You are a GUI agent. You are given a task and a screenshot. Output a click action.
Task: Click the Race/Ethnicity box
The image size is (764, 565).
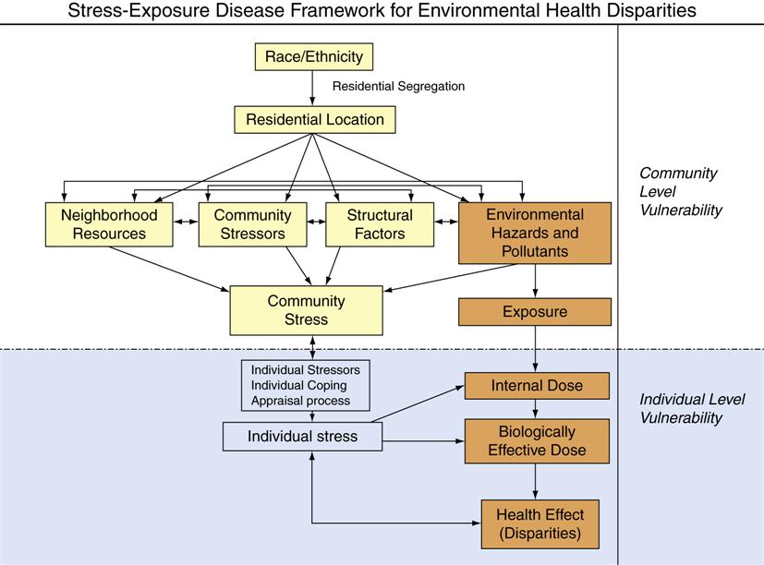pyautogui.click(x=314, y=57)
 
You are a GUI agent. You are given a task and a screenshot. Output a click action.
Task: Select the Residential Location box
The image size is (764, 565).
pyautogui.click(x=314, y=120)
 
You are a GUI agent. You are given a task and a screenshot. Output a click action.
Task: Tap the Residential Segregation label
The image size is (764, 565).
pyautogui.click(x=398, y=87)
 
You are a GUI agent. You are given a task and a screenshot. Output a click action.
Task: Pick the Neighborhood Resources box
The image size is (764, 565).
pyautogui.click(x=109, y=224)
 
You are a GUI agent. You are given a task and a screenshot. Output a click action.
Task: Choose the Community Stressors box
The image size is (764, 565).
pyautogui.click(x=252, y=224)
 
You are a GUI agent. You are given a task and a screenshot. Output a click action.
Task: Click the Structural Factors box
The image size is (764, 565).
pyautogui.click(x=380, y=224)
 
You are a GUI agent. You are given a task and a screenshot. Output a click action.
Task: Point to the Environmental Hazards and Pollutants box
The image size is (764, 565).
pyautogui.click(x=535, y=233)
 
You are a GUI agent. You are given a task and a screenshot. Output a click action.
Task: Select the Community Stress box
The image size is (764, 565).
pyautogui.click(x=306, y=310)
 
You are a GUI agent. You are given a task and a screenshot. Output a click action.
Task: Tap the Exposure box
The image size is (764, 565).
pyautogui.click(x=535, y=312)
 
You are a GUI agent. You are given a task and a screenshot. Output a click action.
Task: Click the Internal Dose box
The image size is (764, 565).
pyautogui.click(x=537, y=385)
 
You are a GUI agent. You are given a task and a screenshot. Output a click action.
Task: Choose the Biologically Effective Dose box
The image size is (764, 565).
pyautogui.click(x=537, y=441)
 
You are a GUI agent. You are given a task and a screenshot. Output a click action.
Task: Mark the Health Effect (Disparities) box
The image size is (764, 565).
pyautogui.click(x=540, y=523)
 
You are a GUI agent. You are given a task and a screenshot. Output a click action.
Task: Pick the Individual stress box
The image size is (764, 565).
pyautogui.click(x=302, y=437)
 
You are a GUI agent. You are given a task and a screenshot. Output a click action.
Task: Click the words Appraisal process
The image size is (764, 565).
pyautogui.click(x=300, y=401)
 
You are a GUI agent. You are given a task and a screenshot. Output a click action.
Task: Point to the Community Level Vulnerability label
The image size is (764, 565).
pyautogui.click(x=680, y=191)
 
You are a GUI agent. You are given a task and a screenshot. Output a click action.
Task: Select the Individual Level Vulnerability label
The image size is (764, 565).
pyautogui.click(x=692, y=409)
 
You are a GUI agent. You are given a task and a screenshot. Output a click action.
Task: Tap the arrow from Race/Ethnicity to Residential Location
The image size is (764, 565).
pyautogui.click(x=314, y=89)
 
